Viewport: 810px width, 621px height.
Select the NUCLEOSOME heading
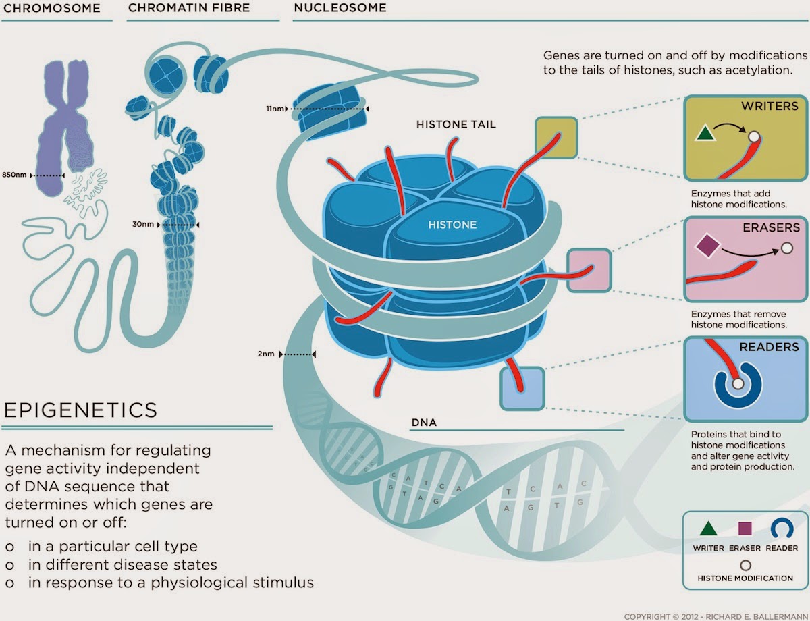[340, 9]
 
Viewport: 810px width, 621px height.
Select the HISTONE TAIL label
[456, 125]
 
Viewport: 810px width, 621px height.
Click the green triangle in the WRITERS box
[705, 134]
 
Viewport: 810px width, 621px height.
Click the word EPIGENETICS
[81, 410]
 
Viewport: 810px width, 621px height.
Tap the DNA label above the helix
[424, 423]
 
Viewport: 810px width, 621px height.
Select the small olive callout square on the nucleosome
[556, 138]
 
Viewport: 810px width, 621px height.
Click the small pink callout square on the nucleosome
[589, 270]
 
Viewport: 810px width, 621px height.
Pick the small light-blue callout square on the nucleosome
[522, 388]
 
